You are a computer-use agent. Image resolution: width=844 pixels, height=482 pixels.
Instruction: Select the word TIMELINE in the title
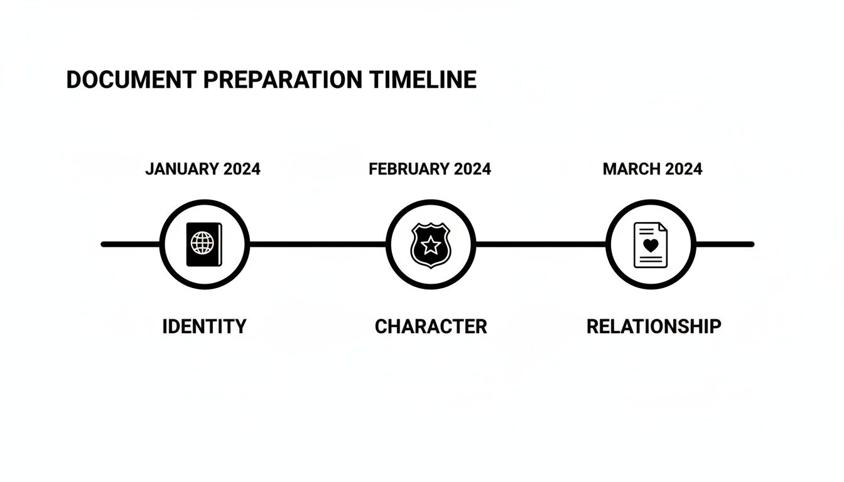[423, 80]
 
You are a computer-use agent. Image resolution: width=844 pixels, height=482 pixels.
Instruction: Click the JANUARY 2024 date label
[203, 169]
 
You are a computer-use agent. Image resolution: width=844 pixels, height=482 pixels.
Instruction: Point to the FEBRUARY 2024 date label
[430, 169]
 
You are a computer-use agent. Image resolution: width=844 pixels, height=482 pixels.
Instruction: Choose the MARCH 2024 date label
[652, 169]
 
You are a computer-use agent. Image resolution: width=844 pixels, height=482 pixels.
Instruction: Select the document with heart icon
[651, 245]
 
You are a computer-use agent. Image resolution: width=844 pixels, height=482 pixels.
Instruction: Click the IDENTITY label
[204, 326]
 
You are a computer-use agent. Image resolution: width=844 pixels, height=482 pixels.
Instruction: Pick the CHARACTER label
[431, 326]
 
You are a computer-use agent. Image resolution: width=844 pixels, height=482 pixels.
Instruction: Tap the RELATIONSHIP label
[654, 326]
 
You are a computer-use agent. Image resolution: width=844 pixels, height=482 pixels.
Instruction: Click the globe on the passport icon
[202, 243]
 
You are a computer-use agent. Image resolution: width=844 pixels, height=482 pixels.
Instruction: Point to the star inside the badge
[430, 244]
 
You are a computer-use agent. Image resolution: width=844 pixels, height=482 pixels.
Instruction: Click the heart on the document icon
[651, 246]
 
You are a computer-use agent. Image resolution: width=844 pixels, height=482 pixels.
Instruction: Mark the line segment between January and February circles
[317, 244]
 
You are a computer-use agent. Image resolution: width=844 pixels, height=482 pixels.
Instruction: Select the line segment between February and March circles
[540, 244]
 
